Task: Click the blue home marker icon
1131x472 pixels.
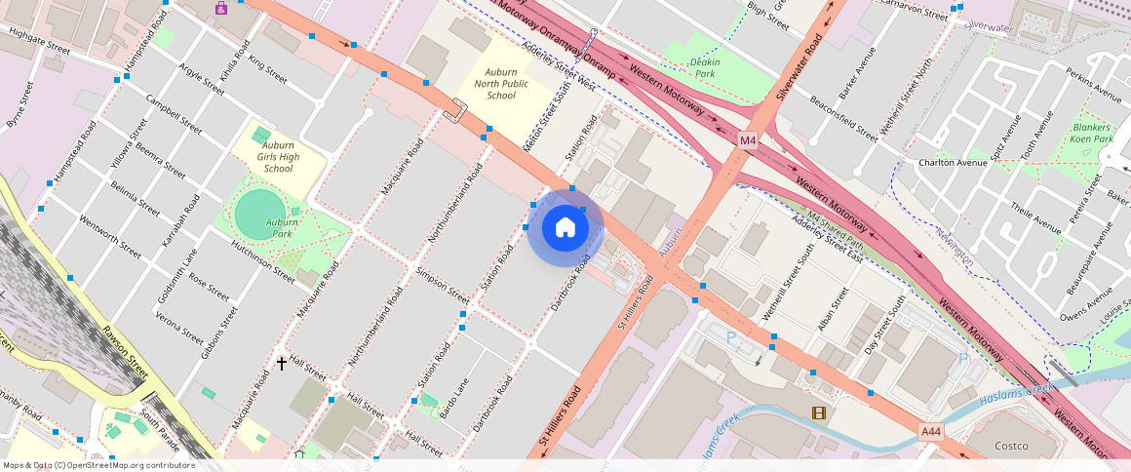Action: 565,228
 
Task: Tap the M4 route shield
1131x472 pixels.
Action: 747,140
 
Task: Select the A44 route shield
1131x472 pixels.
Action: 931,430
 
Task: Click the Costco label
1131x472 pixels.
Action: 1011,447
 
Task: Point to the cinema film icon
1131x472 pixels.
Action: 817,413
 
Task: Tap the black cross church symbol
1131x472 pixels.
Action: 282,363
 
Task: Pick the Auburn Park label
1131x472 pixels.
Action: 282,228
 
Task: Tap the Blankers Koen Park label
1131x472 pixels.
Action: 1092,134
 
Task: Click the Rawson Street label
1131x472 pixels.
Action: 125,351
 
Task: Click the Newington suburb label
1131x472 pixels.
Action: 954,244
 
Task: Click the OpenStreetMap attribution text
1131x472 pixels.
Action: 98,465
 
